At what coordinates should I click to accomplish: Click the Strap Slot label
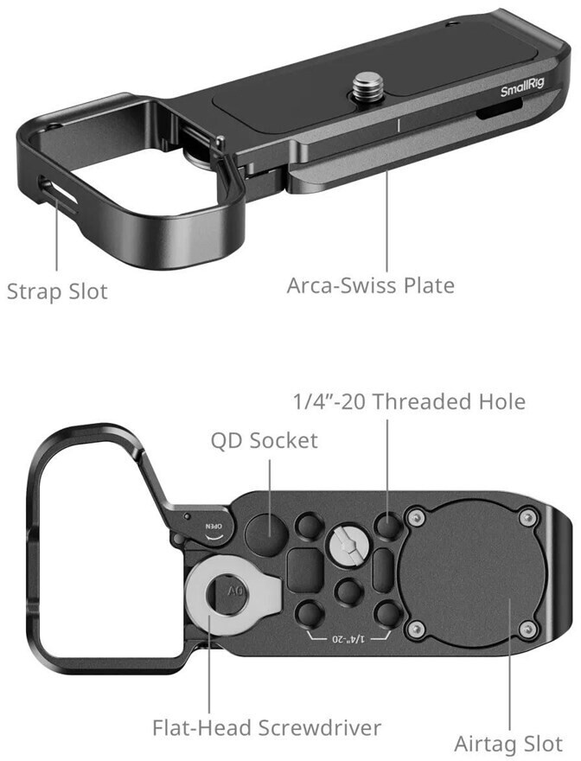pyautogui.click(x=57, y=291)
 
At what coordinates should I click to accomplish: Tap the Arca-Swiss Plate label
pyautogui.click(x=371, y=285)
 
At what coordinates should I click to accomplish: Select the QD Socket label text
pyautogui.click(x=265, y=441)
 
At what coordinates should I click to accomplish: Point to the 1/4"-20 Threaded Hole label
pyautogui.click(x=407, y=401)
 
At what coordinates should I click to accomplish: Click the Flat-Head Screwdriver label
pyautogui.click(x=266, y=728)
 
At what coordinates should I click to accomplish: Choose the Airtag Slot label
pyautogui.click(x=508, y=744)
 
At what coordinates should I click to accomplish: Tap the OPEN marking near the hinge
pyautogui.click(x=212, y=525)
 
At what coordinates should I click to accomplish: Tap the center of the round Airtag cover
pyautogui.click(x=473, y=572)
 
